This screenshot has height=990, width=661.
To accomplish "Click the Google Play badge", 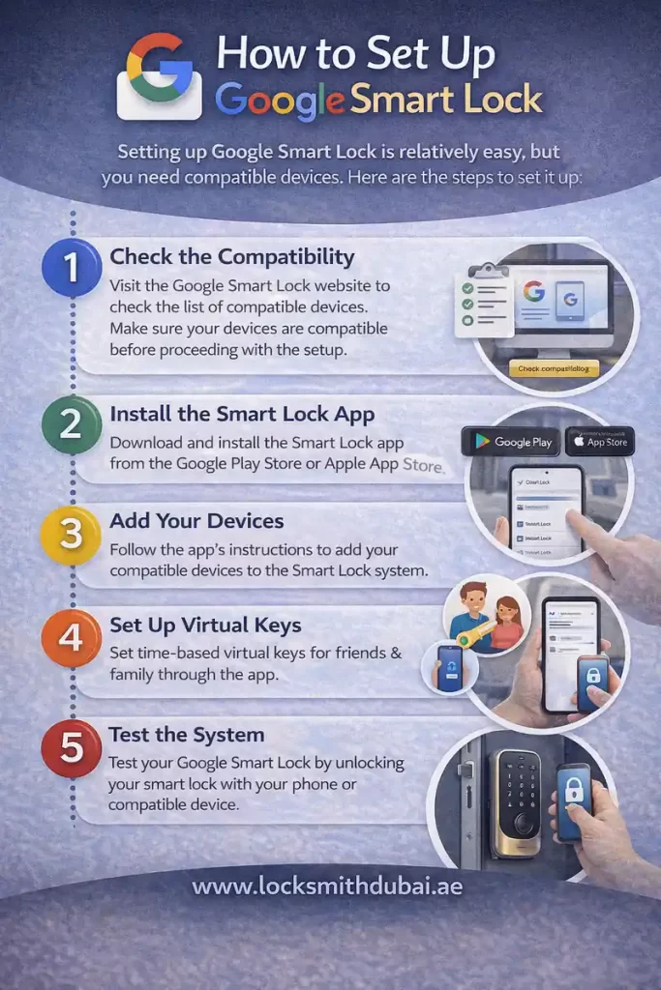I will pos(511,442).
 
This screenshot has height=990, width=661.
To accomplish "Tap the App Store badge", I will pos(600,442).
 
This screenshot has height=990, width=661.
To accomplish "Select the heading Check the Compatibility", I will pos(232,257).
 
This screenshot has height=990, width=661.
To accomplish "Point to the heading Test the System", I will pos(186,734).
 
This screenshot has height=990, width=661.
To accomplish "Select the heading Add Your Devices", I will pos(196,521).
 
